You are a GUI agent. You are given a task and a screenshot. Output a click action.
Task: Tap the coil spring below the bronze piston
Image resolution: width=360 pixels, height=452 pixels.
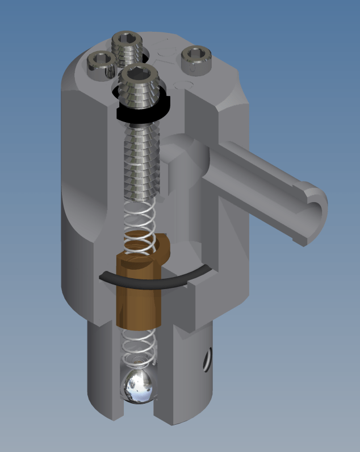click(139, 347)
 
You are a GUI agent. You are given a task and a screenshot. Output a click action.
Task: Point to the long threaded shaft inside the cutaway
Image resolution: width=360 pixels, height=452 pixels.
click(143, 159)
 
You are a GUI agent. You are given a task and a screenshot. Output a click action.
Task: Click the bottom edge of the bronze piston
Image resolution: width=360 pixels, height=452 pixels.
click(139, 326)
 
